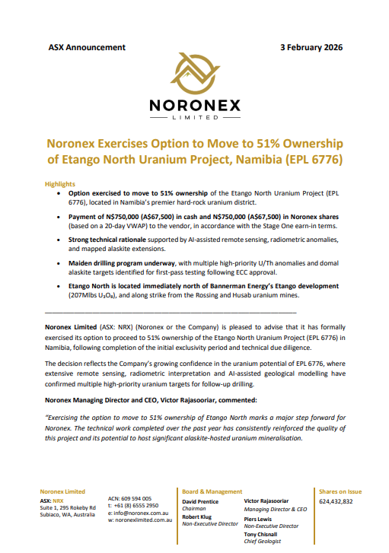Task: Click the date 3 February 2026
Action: [x=311, y=47]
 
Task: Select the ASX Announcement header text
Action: [x=86, y=47]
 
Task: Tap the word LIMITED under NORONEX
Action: [x=193, y=119]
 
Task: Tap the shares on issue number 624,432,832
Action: [x=336, y=502]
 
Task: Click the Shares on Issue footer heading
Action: [x=340, y=492]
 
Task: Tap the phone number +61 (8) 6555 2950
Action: [x=138, y=505]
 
